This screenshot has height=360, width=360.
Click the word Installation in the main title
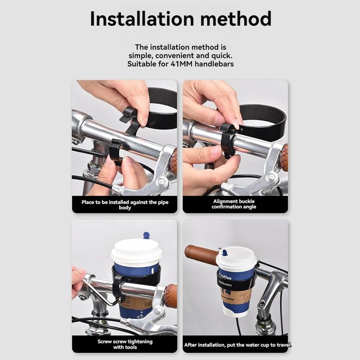pos(142,19)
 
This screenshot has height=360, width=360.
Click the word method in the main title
pos(236,19)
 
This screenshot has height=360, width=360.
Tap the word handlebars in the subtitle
pos(214,64)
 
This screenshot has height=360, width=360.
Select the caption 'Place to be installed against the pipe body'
pos(125,205)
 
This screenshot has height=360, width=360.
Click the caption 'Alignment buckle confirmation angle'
pos(234,204)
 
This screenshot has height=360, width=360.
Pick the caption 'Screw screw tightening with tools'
pos(125,344)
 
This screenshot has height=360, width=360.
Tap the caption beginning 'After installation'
pos(238,345)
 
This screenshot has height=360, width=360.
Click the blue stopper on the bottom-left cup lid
pos(146,235)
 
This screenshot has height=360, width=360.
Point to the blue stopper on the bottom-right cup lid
pos(225,253)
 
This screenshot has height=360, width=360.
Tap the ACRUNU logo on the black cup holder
pos(225,283)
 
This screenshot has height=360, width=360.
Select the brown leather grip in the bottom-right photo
pos(201,253)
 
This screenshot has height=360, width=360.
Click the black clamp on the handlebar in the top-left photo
pos(116,152)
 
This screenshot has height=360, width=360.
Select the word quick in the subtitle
pos(221,56)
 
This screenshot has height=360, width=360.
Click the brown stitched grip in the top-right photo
pos(284,157)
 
